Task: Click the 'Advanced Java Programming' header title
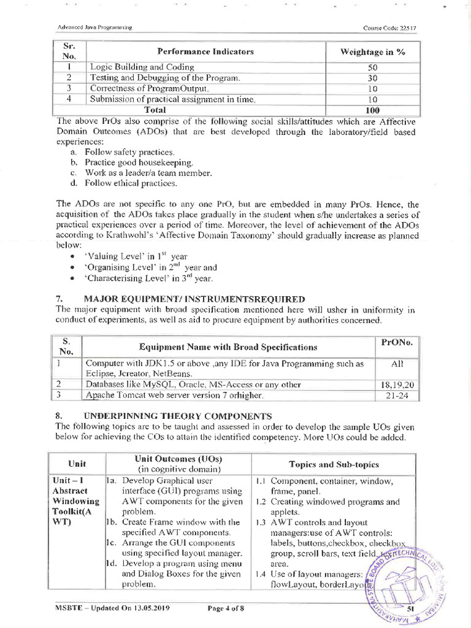tap(95, 29)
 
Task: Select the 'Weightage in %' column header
tap(372, 52)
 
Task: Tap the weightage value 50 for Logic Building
tap(372, 67)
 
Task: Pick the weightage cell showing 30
tap(372, 78)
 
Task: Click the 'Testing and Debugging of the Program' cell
tap(165, 78)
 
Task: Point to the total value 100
tap(372, 110)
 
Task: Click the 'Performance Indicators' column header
tap(205, 52)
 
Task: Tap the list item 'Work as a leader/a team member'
tap(148, 172)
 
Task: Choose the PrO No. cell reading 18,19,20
tap(397, 385)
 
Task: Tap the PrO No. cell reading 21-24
tap(397, 395)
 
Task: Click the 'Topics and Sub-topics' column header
tap(334, 464)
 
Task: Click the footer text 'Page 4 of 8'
tap(226, 608)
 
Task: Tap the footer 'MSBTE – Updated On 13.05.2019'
tap(113, 608)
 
